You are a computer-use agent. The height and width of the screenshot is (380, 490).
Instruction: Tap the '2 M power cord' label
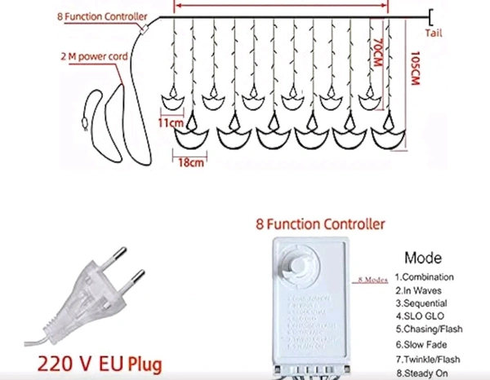click(93, 58)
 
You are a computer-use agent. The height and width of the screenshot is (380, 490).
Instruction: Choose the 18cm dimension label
click(190, 162)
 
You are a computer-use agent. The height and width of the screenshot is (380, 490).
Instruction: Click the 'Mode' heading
click(422, 258)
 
